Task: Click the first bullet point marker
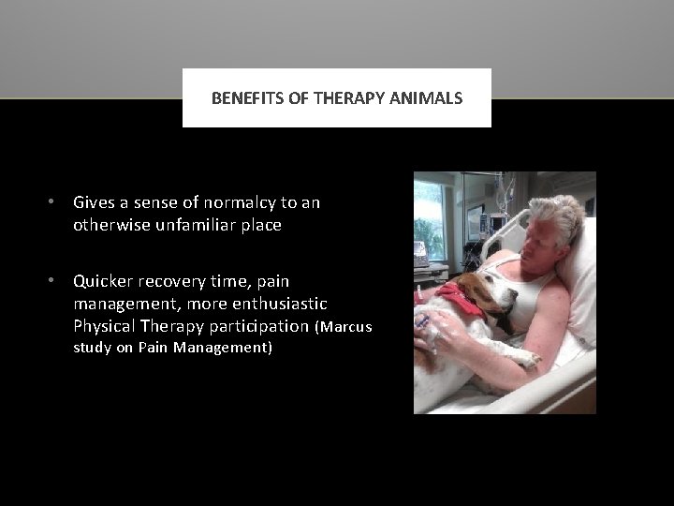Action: pos(56,202)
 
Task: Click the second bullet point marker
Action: pos(56,280)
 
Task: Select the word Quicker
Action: pos(102,280)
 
